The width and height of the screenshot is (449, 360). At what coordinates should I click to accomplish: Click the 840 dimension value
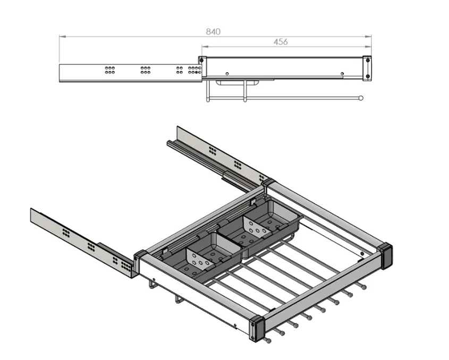213,31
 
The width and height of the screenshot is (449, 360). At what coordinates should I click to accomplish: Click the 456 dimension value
281,42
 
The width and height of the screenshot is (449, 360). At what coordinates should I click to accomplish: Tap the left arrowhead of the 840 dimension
63,37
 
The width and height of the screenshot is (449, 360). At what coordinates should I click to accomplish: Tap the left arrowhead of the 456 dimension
205,46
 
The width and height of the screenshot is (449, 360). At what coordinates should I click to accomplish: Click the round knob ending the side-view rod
361,98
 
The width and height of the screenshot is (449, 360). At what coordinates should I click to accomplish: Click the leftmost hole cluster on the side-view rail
109,70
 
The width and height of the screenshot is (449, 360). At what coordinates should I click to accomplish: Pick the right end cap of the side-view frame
367,68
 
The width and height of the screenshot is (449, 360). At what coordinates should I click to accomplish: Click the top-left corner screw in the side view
201,60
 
